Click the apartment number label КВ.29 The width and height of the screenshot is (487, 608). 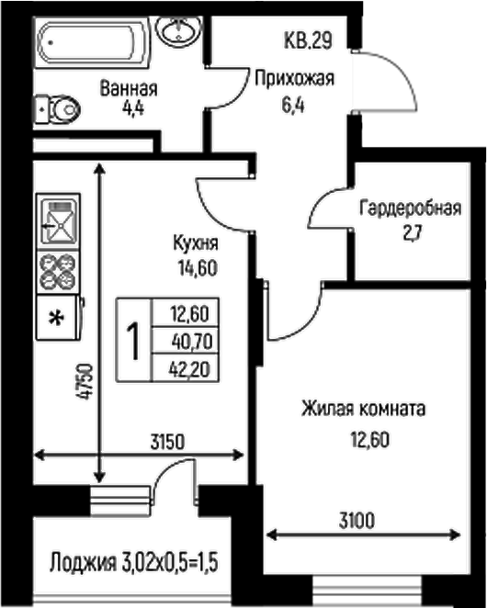coord(306,41)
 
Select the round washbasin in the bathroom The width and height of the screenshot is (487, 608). coord(176,30)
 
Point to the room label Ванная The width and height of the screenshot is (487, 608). coord(129,89)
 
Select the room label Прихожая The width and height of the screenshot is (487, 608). coord(293,79)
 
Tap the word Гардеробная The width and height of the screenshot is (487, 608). coord(409,207)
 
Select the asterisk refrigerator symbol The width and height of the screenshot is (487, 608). coord(57,319)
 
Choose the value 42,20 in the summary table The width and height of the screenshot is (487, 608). coord(189,367)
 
